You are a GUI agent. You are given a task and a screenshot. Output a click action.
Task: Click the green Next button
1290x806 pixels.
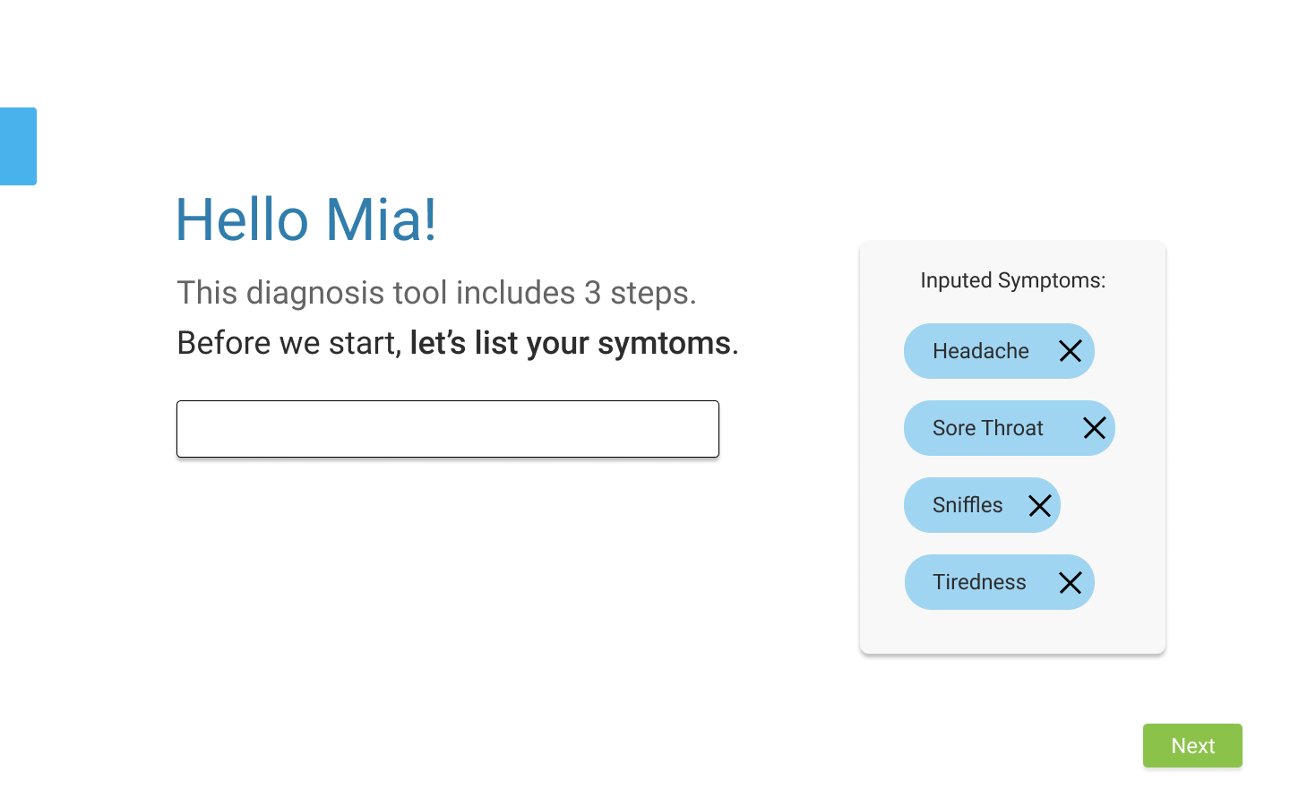tap(1192, 745)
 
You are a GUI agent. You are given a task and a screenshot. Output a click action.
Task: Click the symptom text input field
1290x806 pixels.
tap(448, 429)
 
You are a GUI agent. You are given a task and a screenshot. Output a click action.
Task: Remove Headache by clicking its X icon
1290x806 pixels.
tap(1070, 351)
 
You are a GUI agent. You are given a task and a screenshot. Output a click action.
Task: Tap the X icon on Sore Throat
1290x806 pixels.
tap(1094, 428)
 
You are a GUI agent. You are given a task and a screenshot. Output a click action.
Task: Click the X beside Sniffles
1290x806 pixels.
tap(1039, 506)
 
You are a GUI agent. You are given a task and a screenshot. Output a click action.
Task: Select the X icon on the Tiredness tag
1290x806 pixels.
tap(1070, 583)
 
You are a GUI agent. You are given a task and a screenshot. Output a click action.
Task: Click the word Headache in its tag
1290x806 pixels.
tap(980, 351)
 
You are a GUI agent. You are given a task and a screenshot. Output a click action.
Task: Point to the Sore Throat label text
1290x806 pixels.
tap(987, 428)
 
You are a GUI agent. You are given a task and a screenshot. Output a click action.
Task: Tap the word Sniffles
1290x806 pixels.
tap(967, 505)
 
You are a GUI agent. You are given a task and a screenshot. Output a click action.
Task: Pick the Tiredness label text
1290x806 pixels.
tap(979, 582)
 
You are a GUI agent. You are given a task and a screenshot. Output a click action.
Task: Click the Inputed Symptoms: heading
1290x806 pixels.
tap(1012, 280)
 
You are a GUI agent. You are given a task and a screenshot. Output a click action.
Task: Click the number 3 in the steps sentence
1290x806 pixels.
tap(592, 293)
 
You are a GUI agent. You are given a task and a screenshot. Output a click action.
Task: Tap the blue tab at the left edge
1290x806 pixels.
tap(18, 146)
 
